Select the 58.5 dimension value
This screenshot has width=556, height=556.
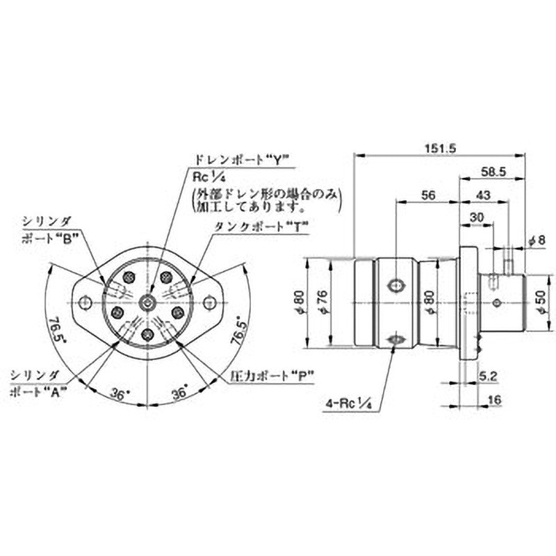tap(492, 171)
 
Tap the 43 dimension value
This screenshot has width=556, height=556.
tap(483, 196)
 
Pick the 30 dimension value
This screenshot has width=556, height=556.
tap(476, 218)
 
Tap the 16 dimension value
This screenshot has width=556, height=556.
tap(494, 401)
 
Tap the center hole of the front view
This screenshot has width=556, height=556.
tap(147, 302)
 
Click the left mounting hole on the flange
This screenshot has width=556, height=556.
tap(85, 302)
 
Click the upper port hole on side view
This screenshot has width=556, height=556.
tap(396, 285)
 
